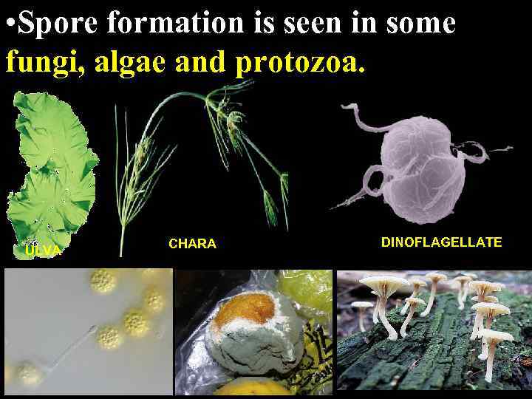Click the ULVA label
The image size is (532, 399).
point(42,251)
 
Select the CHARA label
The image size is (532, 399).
point(192,244)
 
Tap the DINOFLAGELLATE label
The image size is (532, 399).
point(441,242)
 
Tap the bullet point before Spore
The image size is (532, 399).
point(9,23)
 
